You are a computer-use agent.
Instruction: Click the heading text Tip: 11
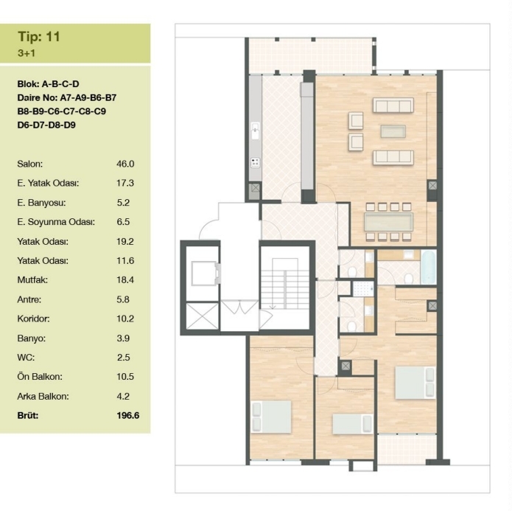pos(39,36)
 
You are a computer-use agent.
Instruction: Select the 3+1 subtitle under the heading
pos(27,53)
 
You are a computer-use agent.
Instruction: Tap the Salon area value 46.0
pos(125,164)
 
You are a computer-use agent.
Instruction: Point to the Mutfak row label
pos(32,280)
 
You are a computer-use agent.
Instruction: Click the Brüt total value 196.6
pos(128,416)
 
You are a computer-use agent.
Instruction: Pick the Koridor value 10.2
pos(125,319)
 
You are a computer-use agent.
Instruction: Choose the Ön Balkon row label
pos(40,377)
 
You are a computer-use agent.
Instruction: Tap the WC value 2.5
pos(124,358)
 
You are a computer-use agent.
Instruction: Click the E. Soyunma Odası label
pos(56,222)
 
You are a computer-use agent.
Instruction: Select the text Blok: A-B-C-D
pos(48,84)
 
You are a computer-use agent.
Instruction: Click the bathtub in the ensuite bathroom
pos(429,268)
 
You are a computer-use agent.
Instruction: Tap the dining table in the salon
pos(388,222)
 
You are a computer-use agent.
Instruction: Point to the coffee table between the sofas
pos(393,131)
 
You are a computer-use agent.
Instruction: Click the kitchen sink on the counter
pos(256,131)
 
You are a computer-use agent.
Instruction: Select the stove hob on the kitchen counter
pos(256,162)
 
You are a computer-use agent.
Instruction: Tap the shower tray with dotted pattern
pos(362,289)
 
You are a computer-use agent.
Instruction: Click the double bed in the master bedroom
pos(415,383)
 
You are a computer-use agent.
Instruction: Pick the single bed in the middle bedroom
pos(352,424)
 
